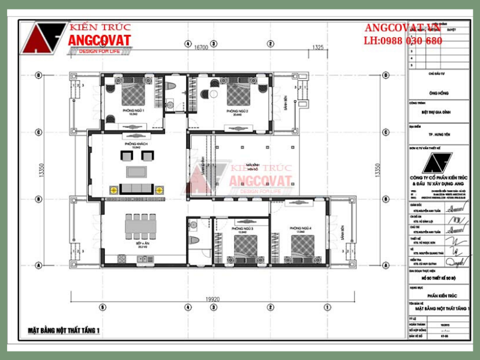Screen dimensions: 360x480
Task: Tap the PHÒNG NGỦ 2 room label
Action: click(238, 112)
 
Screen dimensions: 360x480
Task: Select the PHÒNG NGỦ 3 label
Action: click(242, 229)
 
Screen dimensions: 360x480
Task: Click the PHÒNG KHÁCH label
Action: click(136, 145)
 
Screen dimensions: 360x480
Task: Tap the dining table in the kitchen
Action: click(143, 227)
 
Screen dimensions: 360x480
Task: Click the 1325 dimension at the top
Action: click(318, 47)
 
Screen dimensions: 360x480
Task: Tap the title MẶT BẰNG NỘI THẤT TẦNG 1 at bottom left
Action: click(64, 331)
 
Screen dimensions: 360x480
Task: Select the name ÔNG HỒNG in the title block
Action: click(439, 93)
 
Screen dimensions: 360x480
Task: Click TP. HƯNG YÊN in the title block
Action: click(439, 136)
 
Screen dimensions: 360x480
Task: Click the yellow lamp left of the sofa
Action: click(112, 190)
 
